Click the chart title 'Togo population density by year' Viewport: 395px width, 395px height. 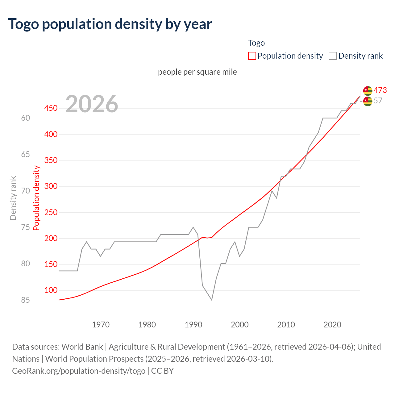110,24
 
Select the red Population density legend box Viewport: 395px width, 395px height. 252,56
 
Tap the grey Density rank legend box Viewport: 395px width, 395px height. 332,56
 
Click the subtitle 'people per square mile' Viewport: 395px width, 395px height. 197,72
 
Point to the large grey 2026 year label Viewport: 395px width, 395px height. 92,104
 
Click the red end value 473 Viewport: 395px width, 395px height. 380,90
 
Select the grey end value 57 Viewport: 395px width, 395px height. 378,101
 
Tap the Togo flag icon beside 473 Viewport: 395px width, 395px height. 368,90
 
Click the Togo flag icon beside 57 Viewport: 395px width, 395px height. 368,101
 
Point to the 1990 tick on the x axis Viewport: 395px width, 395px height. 193,325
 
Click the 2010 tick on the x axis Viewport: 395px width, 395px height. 286,325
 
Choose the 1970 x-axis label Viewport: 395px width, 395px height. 101,325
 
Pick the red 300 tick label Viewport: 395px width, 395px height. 51,186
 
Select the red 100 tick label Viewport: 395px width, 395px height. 51,290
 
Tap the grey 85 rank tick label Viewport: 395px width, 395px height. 26,300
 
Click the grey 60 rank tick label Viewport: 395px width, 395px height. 26,118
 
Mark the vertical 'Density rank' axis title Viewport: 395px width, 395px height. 13,198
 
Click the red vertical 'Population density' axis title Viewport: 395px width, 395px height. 36,198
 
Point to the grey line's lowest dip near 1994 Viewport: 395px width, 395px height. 212,300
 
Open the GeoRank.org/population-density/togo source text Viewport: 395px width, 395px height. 79,371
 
